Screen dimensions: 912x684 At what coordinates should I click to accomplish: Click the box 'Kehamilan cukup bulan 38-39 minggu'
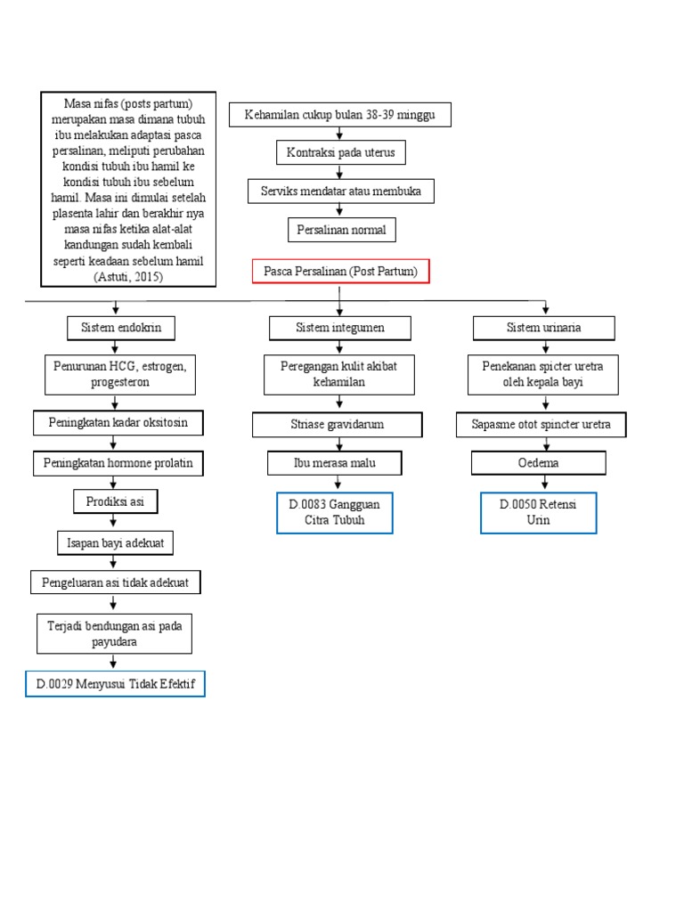339,115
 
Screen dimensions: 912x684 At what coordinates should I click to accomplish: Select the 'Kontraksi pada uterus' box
340,153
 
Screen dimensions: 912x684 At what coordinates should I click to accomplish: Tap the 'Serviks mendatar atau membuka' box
340,191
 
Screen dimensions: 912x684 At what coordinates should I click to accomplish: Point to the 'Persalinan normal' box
340,230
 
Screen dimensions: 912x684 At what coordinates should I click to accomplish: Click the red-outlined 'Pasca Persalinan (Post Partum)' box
340,272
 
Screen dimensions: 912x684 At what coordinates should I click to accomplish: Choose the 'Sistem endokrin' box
121,328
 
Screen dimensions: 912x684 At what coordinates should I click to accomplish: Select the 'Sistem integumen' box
340,328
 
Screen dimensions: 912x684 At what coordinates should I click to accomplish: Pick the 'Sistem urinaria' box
543,328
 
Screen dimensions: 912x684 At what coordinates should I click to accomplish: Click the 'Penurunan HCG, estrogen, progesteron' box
120,374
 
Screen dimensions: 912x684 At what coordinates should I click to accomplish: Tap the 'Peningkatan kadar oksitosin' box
118,423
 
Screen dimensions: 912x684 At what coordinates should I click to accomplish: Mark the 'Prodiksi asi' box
115,502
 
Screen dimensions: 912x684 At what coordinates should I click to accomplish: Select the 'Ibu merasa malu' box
334,463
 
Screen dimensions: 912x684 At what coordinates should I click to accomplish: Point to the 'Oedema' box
538,463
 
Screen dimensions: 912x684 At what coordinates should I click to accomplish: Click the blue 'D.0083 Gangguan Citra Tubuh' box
334,512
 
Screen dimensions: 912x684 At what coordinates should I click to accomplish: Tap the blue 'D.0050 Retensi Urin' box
538,512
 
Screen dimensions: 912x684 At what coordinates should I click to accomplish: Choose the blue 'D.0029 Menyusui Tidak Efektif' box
115,684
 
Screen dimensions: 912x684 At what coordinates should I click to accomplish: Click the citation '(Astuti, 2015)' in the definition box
128,277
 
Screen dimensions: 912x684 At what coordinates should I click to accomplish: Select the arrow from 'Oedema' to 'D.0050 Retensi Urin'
538,483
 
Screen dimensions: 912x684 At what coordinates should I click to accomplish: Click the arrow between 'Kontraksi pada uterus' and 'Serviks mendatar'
340,172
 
